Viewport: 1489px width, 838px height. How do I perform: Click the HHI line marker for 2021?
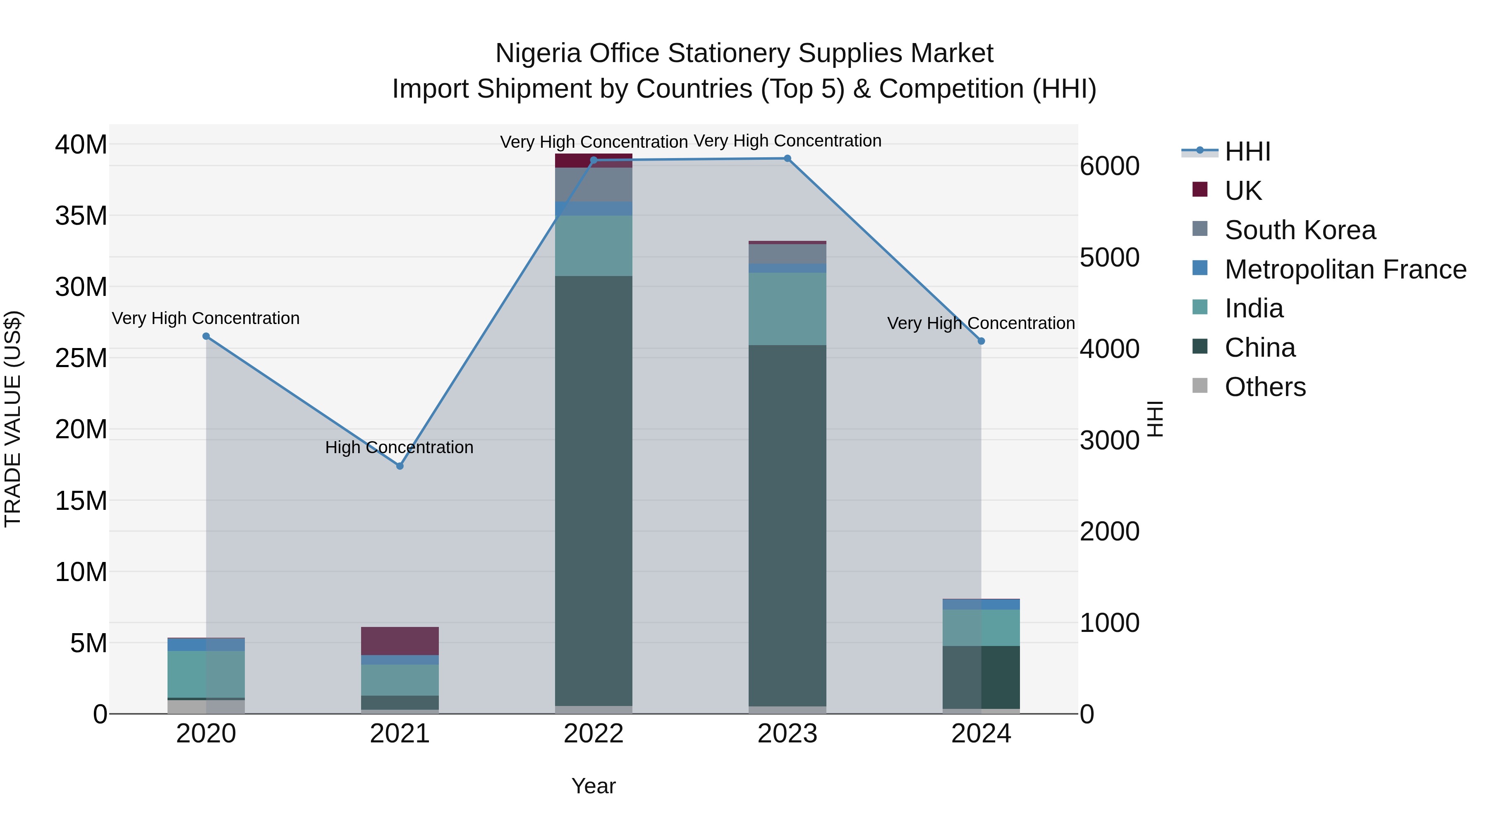[400, 466]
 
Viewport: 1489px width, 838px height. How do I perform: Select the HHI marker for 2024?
[981, 341]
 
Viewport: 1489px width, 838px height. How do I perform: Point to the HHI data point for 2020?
[206, 336]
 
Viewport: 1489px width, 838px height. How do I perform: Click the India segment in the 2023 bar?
[787, 309]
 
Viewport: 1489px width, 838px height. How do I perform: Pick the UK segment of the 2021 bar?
[400, 641]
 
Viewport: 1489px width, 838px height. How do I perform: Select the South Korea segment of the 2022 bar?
[594, 185]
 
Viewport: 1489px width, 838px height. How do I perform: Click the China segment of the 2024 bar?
[981, 677]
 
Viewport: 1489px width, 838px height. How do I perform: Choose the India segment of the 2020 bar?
[206, 674]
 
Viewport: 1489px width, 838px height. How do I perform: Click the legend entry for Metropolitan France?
[1345, 269]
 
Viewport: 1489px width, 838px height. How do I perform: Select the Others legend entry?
[1265, 387]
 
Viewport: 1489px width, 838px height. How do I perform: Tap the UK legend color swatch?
[1200, 190]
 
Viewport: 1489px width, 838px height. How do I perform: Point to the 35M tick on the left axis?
[81, 216]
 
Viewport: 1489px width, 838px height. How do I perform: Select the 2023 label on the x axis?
[787, 734]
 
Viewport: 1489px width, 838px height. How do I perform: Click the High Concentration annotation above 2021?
[400, 447]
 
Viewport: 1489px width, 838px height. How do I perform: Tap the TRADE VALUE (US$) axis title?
[13, 419]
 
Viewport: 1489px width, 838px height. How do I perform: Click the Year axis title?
[594, 786]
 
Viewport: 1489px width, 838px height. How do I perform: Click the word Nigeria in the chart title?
[538, 53]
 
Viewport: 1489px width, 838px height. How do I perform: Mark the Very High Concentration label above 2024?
[981, 323]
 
